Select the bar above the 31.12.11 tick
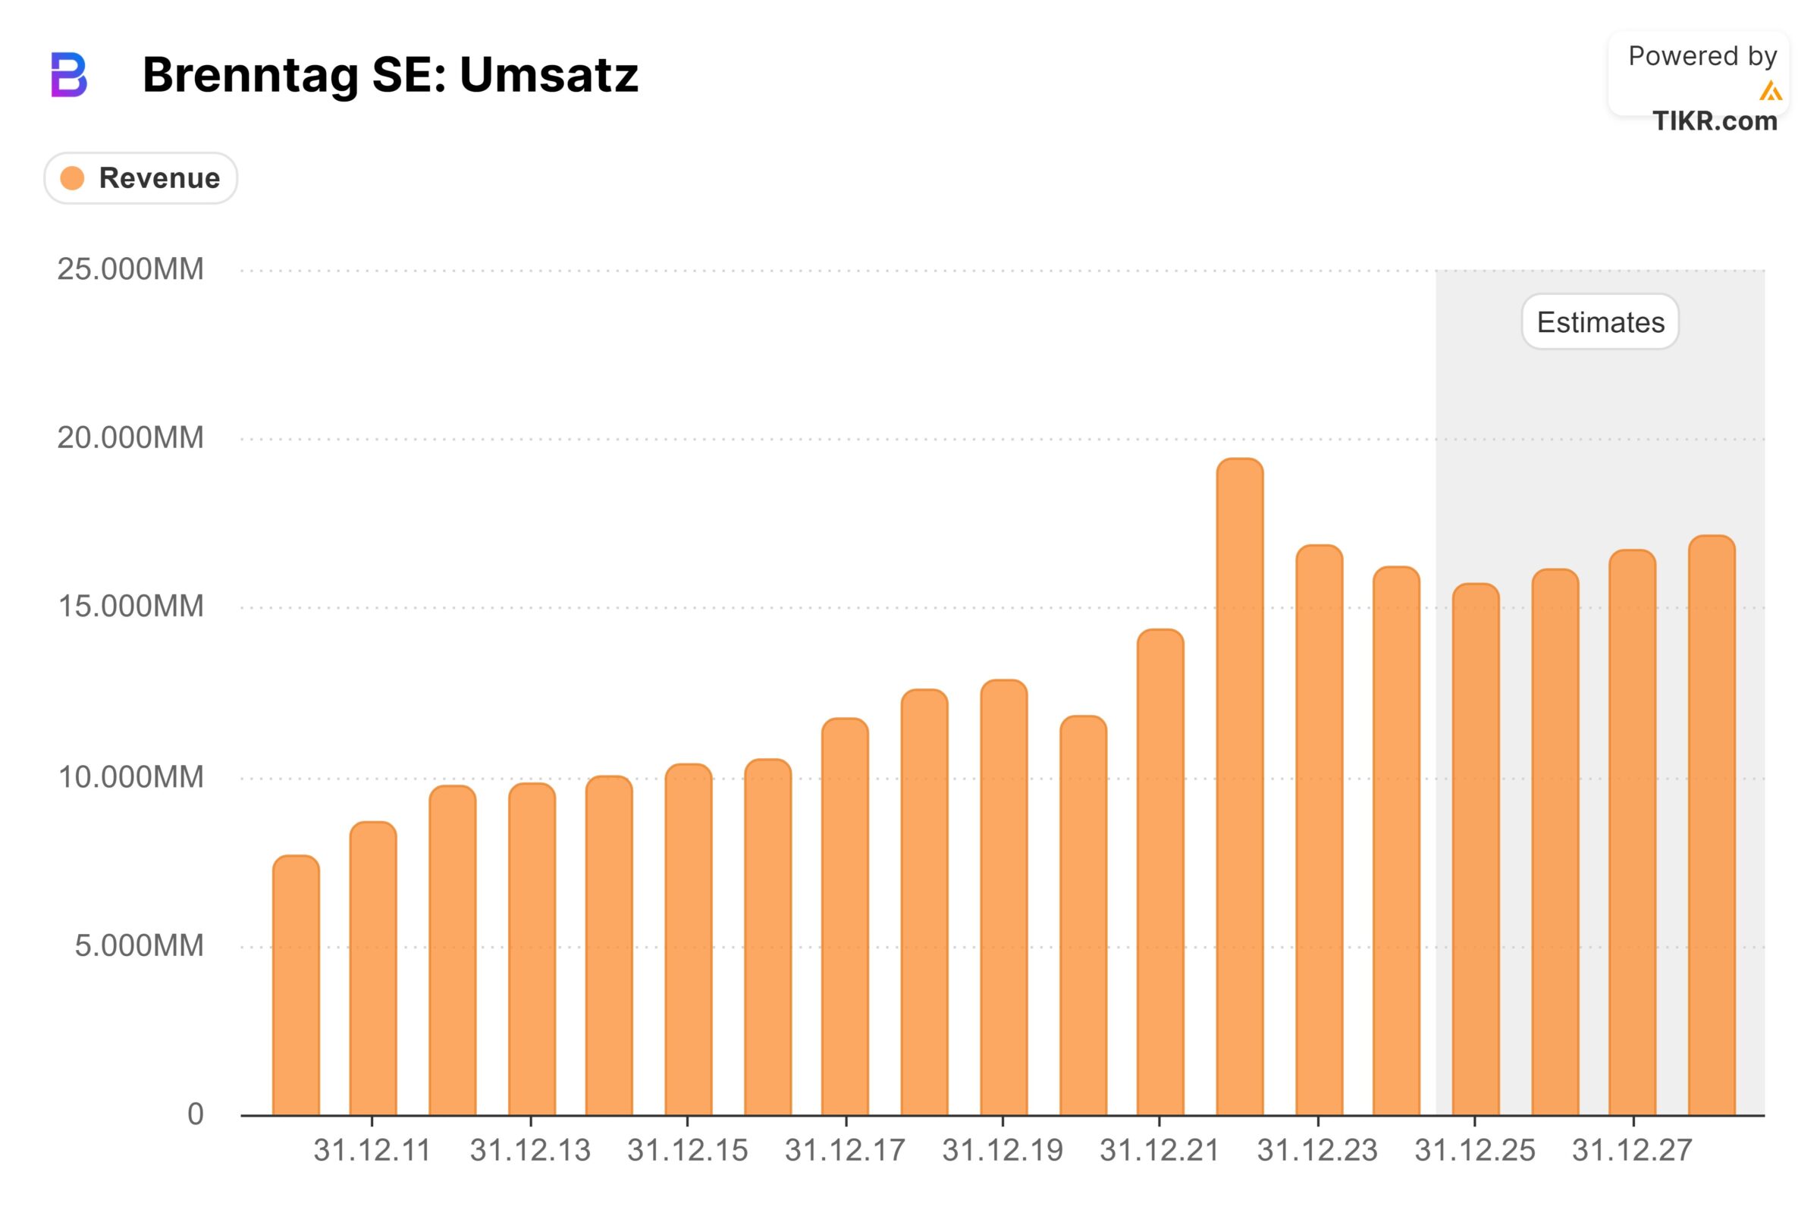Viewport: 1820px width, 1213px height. (x=373, y=967)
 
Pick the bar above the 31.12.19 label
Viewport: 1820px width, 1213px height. (x=1003, y=897)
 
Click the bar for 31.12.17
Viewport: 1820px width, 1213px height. (x=845, y=916)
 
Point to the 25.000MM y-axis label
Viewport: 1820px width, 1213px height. (x=130, y=269)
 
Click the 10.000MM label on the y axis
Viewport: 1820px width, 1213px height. (x=130, y=776)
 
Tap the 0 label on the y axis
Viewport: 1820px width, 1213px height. (x=195, y=1114)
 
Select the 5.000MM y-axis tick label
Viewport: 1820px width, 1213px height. (x=139, y=945)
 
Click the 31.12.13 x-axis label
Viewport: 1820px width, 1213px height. (x=530, y=1150)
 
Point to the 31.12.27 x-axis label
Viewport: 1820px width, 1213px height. (x=1632, y=1150)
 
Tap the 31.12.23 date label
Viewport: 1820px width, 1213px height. (x=1317, y=1150)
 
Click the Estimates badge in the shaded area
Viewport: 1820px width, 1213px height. (x=1599, y=321)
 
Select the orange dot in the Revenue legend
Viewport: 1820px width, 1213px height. (x=72, y=178)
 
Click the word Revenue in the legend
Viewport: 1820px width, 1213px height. (x=159, y=178)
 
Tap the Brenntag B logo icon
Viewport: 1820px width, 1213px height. (x=69, y=75)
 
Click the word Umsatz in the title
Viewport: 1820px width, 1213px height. (x=548, y=75)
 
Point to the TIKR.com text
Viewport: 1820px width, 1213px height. (x=1714, y=121)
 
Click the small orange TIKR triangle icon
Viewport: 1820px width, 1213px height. (x=1770, y=91)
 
